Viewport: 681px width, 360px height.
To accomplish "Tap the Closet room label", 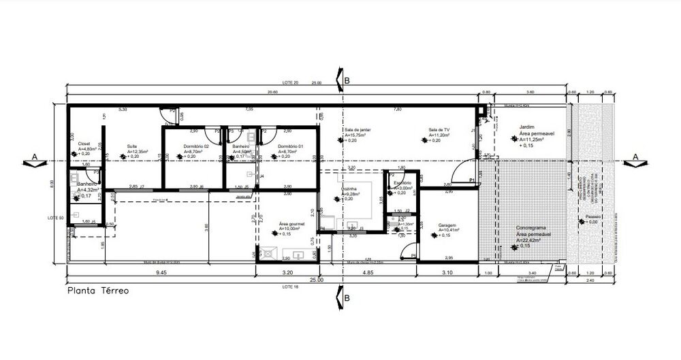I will coord(84,144).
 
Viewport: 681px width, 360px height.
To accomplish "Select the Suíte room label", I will coord(132,146).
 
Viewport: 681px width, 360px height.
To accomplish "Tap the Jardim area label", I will coord(526,127).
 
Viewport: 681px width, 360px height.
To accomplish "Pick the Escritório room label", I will coord(402,182).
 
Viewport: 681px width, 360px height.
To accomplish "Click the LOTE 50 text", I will coord(55,218).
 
